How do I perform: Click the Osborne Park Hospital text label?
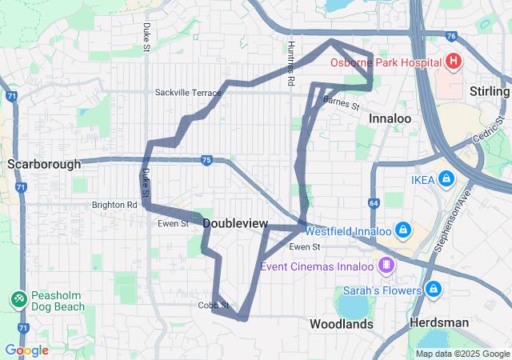385,62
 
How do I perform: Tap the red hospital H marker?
454,62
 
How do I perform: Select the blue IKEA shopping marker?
446,178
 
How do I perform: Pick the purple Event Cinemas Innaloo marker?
386,264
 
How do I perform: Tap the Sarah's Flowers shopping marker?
433,289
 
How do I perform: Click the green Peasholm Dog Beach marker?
18,298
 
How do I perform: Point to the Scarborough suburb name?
44,164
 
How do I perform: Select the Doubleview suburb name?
235,223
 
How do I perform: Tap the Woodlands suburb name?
342,324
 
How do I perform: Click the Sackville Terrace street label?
187,93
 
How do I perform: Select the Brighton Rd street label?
114,205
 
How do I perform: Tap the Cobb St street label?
214,306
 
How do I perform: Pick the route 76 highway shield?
453,36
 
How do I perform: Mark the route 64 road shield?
374,203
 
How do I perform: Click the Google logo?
26,350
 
